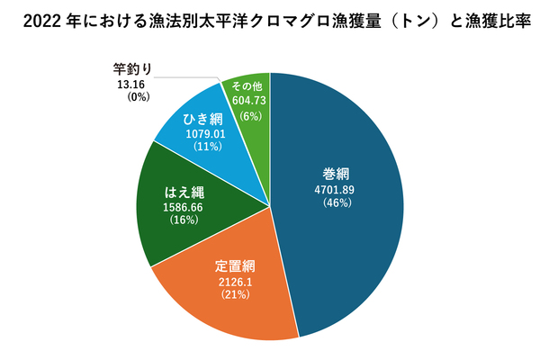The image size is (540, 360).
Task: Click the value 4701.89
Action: click(x=335, y=189)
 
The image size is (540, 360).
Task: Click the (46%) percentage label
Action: click(x=335, y=203)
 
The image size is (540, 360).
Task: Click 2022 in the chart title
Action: click(x=34, y=20)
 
